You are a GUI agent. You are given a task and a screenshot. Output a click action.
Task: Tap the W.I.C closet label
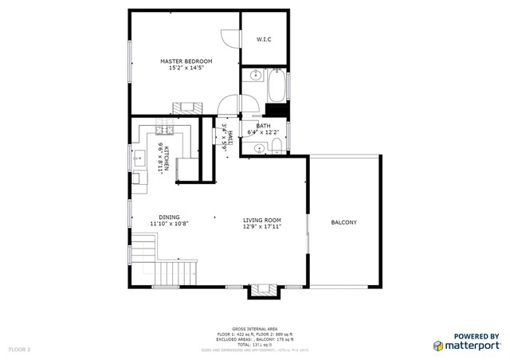[x=265, y=39]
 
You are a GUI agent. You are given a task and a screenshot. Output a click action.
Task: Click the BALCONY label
[x=343, y=222]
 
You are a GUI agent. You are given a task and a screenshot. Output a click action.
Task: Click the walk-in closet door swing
[x=229, y=37]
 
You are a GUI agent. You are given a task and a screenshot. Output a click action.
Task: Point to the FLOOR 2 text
[x=19, y=349]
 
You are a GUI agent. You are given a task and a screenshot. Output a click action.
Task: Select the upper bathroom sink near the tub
[x=253, y=76]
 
